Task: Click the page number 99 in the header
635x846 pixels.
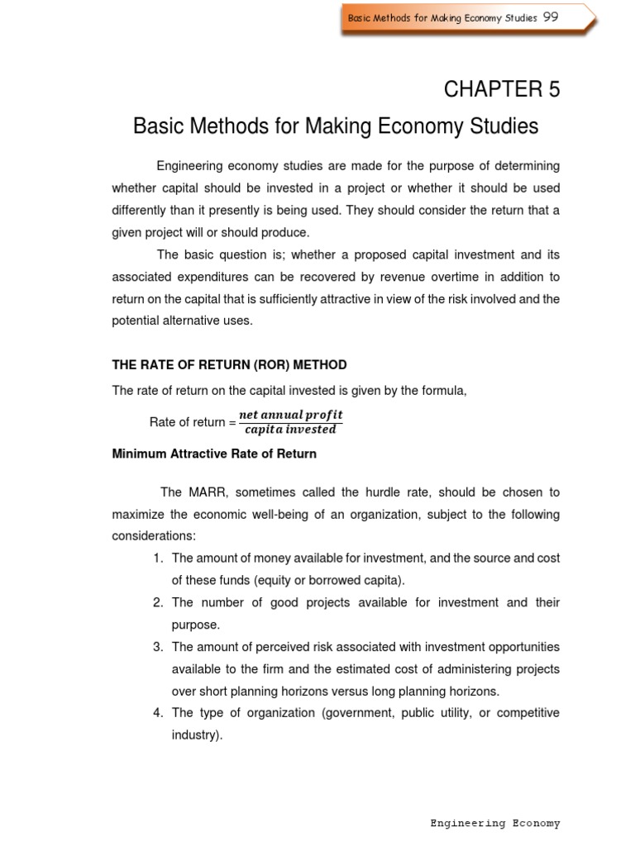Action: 551,17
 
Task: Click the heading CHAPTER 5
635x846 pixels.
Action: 502,90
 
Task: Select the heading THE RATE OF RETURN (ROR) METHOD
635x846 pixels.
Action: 229,364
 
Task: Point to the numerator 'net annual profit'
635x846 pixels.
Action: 290,414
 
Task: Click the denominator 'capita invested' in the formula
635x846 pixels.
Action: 290,430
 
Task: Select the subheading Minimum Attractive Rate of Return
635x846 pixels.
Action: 214,454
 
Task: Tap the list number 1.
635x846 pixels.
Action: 158,558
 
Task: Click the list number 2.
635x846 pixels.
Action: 158,602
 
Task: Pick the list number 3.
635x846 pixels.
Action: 158,646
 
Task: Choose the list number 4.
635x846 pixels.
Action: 158,712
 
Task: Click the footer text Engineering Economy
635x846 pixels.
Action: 495,823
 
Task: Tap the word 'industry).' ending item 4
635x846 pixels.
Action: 198,734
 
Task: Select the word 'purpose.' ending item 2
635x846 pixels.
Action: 196,625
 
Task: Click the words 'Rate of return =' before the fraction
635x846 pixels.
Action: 192,422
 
